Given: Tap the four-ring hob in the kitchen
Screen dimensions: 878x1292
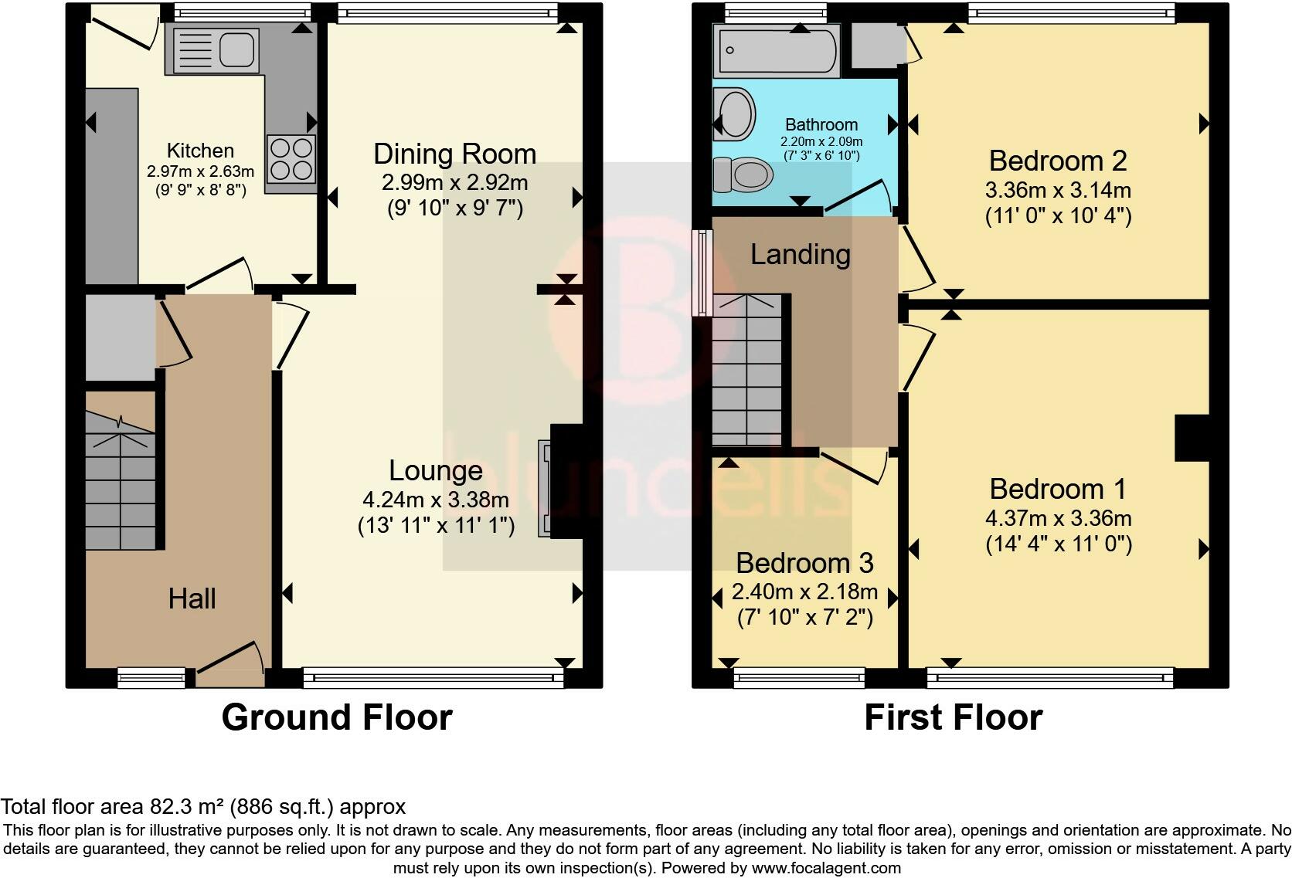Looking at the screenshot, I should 291,158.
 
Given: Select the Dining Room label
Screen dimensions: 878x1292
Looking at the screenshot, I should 454,154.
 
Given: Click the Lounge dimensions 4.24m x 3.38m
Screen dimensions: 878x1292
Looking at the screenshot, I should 436,500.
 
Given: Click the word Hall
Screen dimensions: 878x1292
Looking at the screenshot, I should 192,598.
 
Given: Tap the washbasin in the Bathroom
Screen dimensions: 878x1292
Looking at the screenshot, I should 734,114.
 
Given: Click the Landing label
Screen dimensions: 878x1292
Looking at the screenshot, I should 800,254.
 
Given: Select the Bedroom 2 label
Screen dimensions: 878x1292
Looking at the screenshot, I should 1057,161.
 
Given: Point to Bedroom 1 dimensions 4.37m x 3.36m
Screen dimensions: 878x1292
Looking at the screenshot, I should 1057,518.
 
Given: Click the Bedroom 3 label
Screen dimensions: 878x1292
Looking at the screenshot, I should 804,563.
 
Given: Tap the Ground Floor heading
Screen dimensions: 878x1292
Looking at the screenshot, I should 336,717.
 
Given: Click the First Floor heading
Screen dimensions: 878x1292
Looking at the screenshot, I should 953,717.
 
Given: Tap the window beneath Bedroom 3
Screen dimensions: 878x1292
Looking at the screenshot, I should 799,679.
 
